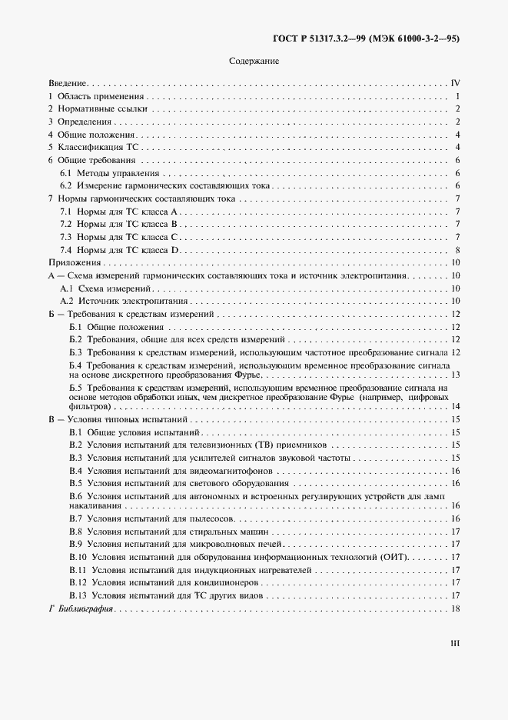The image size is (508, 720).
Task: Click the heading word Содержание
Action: pos(254,61)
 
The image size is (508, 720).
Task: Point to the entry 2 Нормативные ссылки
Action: pos(98,109)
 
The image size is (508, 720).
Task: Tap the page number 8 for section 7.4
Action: pos(457,251)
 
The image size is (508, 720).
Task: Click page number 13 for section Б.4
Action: pos(455,375)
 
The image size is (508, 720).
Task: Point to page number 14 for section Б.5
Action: pos(455,406)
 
